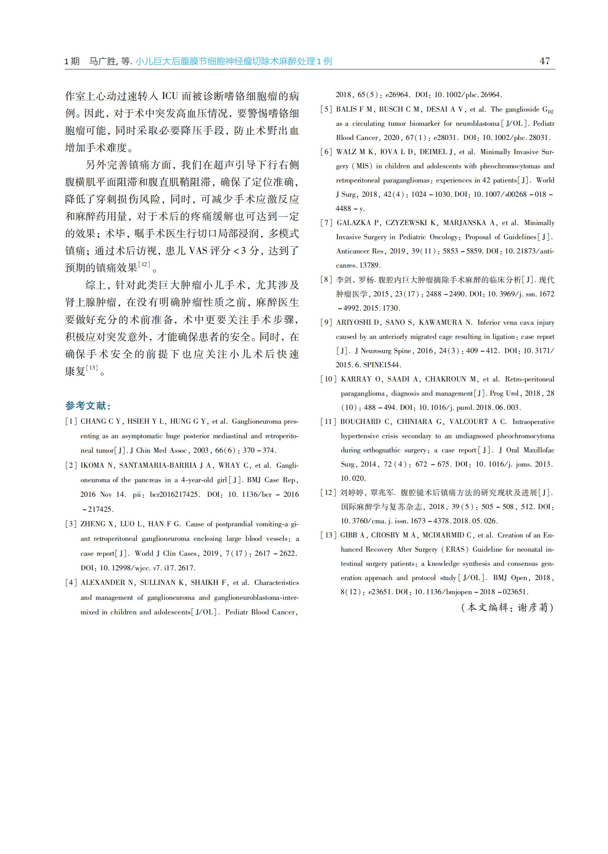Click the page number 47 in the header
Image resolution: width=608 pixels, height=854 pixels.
pyautogui.click(x=545, y=61)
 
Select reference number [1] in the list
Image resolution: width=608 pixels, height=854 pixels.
pyautogui.click(x=71, y=421)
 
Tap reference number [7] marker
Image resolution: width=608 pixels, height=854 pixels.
pyautogui.click(x=326, y=223)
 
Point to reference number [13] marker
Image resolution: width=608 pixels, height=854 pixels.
pyautogui.click(x=328, y=535)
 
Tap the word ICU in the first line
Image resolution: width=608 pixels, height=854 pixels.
pyautogui.click(x=170, y=96)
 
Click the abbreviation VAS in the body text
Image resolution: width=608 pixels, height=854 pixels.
pyautogui.click(x=198, y=250)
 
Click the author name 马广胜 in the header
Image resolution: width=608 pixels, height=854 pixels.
pyautogui.click(x=102, y=62)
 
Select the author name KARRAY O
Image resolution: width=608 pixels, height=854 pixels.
pyautogui.click(x=361, y=379)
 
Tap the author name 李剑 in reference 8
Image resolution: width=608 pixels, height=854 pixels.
pyautogui.click(x=345, y=280)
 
